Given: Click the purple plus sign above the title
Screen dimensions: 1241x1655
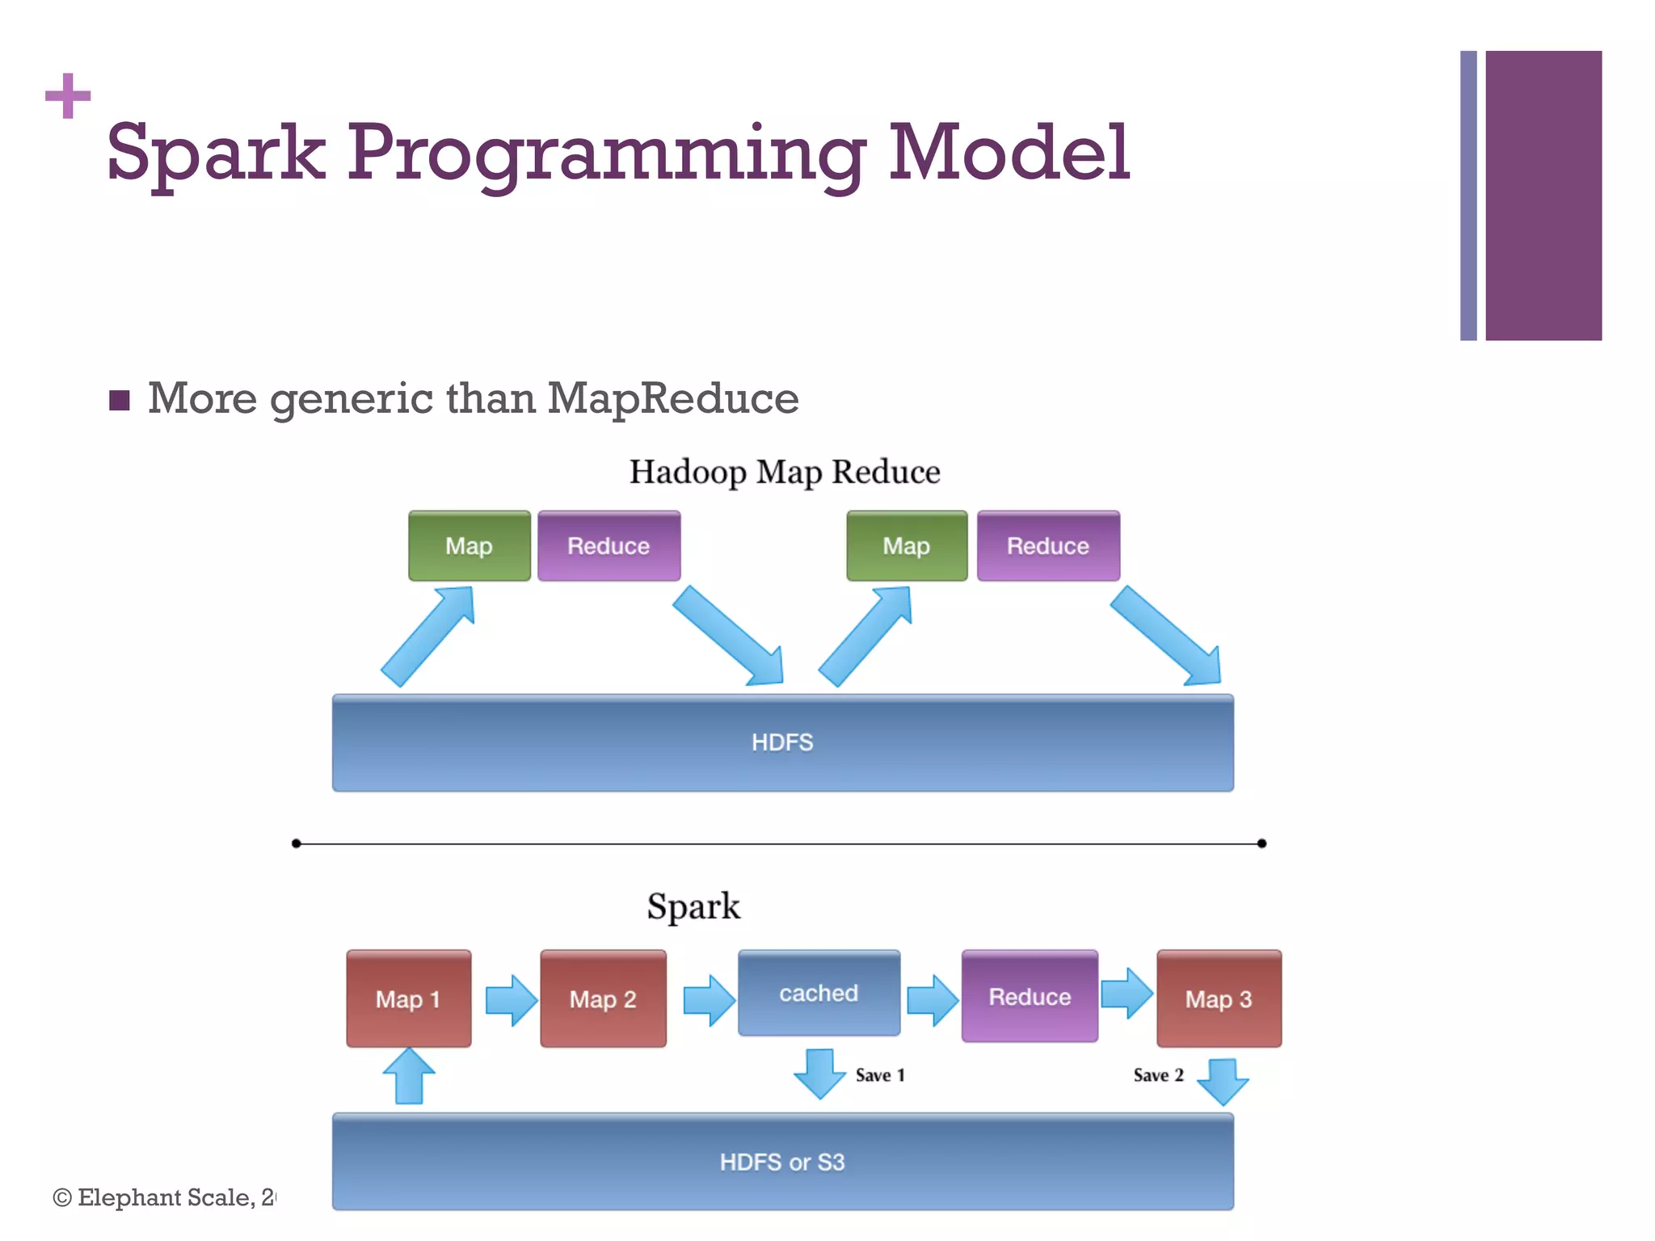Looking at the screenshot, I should pos(68,96).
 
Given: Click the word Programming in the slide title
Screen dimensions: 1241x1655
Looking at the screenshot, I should pos(606,154).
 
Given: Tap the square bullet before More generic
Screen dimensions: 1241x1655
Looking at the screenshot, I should pos(120,400).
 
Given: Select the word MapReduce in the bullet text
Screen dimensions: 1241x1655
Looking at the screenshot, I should pos(672,398).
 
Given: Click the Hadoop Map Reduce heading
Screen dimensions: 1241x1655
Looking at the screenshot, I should pos(784,472).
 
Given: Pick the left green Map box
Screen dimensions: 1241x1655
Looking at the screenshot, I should pos(469,546).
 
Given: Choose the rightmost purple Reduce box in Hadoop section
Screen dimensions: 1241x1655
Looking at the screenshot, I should pos(1047,546).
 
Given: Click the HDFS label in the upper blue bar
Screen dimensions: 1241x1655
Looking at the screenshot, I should pos(782,742).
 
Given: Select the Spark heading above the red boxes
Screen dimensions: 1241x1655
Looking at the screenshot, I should pos(693,906).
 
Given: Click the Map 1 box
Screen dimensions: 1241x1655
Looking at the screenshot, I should pos(408,999).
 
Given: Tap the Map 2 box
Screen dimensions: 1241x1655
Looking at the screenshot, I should pos(603,999).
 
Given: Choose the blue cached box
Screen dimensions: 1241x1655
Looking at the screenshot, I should pos(819,993).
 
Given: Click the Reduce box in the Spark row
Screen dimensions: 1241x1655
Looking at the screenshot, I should pos(1030,997).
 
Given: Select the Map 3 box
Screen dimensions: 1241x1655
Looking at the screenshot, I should pos(1219,999).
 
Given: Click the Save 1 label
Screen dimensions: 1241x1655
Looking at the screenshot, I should pos(880,1075).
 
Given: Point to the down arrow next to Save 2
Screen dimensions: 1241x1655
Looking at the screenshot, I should pos(1223,1081).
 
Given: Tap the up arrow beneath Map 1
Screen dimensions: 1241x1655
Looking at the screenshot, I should pos(409,1076).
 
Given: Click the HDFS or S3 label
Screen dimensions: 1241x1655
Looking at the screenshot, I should pos(782,1163).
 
